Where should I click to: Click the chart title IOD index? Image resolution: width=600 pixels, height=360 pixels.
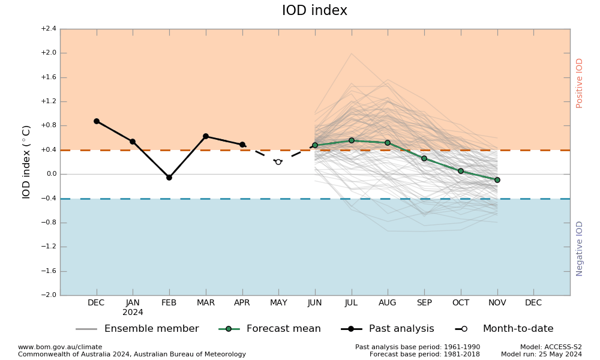coord(314,11)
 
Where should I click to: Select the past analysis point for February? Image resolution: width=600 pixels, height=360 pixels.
coord(169,178)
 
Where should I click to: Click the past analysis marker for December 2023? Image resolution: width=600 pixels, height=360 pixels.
coord(97,121)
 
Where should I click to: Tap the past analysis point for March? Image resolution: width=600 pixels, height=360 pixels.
coord(206,136)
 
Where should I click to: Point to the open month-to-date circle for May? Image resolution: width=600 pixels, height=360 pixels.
coord(278,162)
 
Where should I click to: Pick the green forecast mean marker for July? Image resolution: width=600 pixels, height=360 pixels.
coord(352,140)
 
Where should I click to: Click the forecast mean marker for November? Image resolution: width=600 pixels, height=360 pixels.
coord(497,180)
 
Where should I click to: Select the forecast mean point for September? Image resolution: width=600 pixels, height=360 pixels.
coord(424,158)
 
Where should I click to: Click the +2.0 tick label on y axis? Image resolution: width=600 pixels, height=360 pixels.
coord(49,53)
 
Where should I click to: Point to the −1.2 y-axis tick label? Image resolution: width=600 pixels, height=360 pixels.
coord(49,247)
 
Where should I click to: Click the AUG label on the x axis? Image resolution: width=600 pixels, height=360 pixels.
coord(388,303)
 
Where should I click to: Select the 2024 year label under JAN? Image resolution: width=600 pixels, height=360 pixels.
coord(133,313)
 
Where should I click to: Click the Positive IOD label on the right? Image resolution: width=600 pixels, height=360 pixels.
coord(580,83)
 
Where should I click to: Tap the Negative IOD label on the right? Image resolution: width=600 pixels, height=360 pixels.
coord(580,248)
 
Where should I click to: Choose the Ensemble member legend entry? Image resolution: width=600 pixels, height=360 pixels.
coord(151,329)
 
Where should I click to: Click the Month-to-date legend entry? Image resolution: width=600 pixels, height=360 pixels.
coord(518,329)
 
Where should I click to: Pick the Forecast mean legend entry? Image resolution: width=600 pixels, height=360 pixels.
coord(283,329)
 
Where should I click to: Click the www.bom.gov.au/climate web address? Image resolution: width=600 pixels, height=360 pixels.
coord(60,347)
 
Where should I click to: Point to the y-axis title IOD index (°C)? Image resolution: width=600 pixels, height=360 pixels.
coord(26,161)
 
